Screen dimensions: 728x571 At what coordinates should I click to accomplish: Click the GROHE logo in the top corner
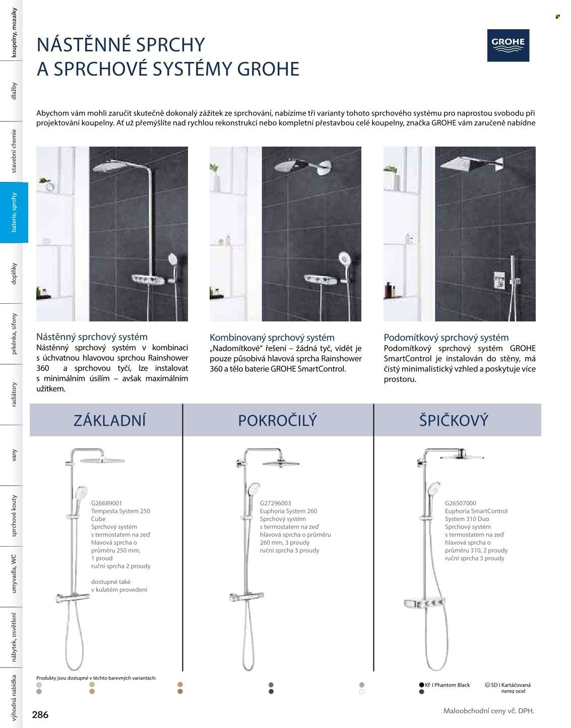tap(508, 45)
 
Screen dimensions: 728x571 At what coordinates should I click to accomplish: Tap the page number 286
tap(40, 714)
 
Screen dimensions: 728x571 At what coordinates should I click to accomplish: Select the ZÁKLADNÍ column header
tap(109, 420)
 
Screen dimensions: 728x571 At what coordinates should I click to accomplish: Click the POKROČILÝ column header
tap(277, 420)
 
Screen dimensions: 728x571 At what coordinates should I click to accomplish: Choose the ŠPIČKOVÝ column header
tap(454, 420)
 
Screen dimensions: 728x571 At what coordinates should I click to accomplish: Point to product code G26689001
tap(106, 503)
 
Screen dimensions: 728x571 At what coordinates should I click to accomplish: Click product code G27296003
tap(275, 503)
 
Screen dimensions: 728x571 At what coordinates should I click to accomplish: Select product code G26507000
tap(460, 503)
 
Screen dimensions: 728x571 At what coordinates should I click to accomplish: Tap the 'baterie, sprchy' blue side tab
tap(14, 212)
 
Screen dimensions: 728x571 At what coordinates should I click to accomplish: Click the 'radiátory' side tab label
tap(14, 394)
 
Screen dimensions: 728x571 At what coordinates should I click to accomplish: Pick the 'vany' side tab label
tap(14, 455)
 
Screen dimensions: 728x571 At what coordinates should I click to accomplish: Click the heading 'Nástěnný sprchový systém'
tap(92, 337)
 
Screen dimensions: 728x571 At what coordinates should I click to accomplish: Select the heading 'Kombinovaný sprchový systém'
tap(272, 338)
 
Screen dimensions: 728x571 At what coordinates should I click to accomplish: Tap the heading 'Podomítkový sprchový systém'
tap(446, 338)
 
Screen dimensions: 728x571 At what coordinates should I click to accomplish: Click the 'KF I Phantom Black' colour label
tap(447, 685)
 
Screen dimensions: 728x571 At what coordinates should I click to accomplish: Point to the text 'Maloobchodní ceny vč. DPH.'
tap(488, 711)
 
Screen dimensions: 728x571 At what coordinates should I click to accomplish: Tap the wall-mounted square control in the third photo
tap(498, 278)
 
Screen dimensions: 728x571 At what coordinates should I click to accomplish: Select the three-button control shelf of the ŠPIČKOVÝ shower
tap(426, 603)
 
